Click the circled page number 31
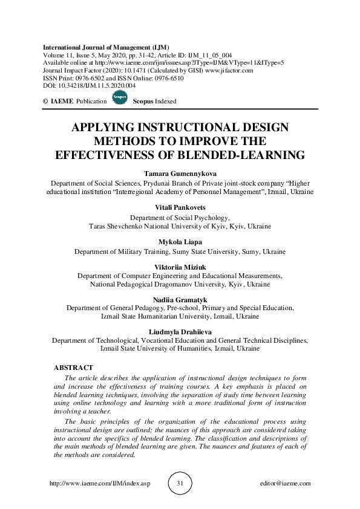click(180, 484)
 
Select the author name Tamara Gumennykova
click(180, 173)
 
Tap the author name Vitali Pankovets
click(180, 207)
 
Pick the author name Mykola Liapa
click(180, 241)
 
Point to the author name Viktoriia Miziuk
click(180, 265)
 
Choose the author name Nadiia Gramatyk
click(180, 299)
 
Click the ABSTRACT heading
click(73, 368)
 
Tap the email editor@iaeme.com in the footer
click(284, 484)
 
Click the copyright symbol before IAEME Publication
click(46, 102)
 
